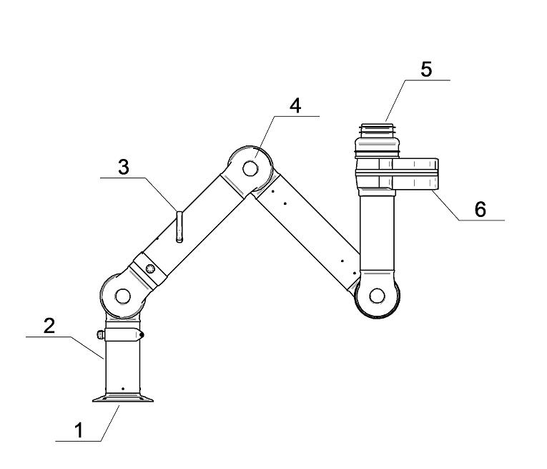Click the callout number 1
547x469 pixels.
pos(79,430)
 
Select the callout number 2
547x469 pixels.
pos(49,326)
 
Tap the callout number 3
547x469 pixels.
pos(123,167)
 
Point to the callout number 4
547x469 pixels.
pos(295,105)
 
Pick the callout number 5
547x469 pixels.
pos(426,70)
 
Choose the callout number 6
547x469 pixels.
pos(480,208)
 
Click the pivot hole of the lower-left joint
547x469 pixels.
pos(122,295)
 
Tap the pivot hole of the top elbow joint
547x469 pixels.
pos(250,168)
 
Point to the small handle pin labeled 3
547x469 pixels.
pos(179,226)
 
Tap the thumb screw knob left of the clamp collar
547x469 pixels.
pos(99,334)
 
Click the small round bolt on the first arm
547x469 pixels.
pos(149,269)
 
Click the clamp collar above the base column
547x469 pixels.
pos(123,334)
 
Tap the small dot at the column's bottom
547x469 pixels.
pos(123,390)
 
